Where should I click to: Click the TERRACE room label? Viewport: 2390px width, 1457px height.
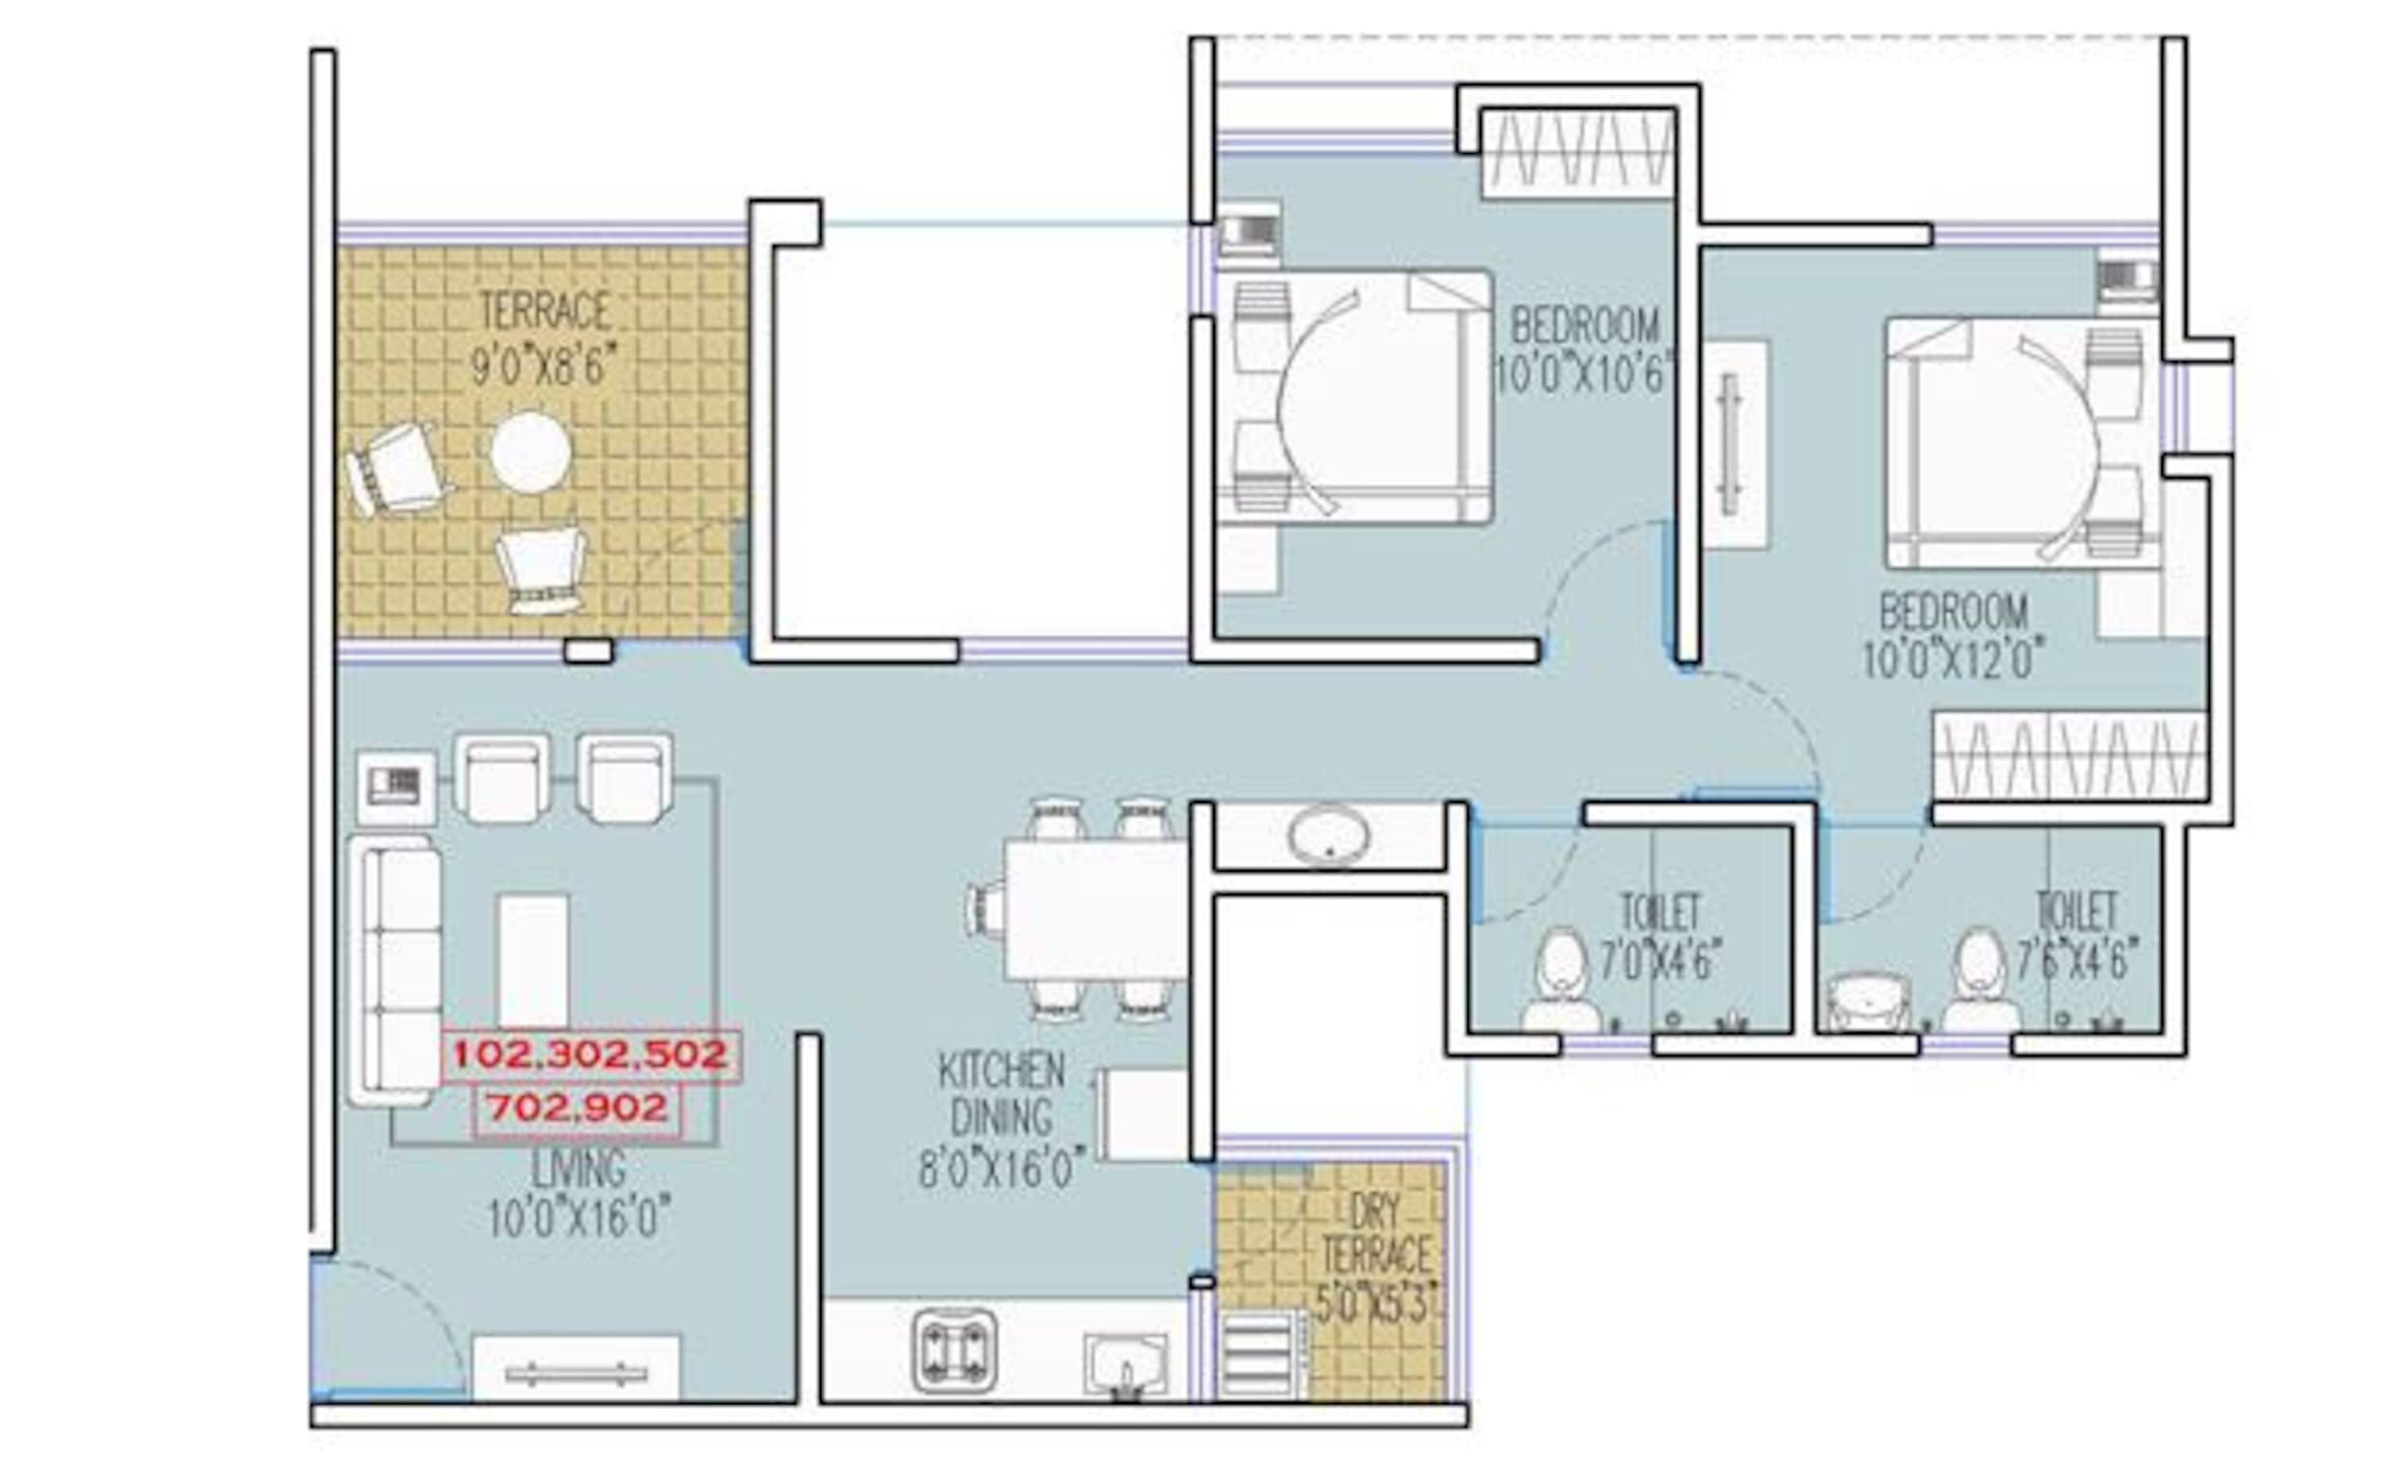[x=545, y=311]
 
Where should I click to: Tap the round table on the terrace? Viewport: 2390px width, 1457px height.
[x=531, y=452]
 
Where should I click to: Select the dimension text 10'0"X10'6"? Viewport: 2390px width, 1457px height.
[x=1584, y=375]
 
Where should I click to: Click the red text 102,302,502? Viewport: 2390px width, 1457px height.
[x=590, y=1056]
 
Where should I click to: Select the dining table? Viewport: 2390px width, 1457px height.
[x=1096, y=910]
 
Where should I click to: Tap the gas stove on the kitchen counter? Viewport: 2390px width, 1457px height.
[x=954, y=1350]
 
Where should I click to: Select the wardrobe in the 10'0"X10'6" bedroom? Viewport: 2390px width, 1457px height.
[x=1578, y=151]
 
